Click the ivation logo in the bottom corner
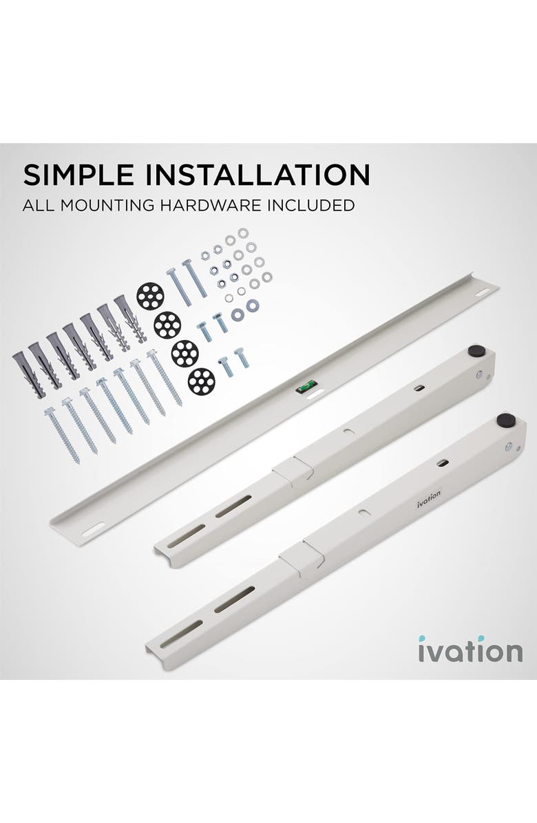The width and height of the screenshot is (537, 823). pyautogui.click(x=470, y=651)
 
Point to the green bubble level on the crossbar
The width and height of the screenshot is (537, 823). pyautogui.click(x=304, y=388)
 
